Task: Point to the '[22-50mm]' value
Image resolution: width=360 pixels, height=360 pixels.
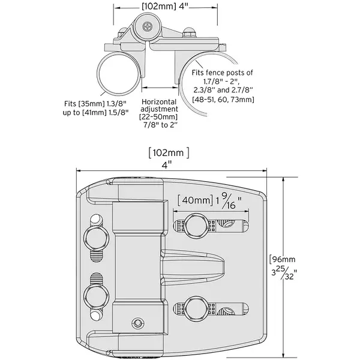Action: (x=159, y=118)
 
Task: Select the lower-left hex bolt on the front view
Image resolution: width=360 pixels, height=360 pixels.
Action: (x=95, y=295)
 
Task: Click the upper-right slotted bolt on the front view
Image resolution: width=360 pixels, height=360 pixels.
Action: (x=196, y=226)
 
